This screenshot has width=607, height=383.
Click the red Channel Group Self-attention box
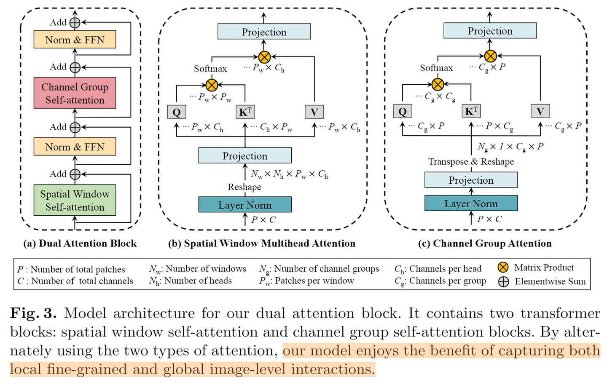pyautogui.click(x=75, y=93)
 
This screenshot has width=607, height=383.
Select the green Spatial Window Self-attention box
pyautogui.click(x=75, y=200)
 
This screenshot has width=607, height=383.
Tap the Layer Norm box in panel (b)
pyautogui.click(x=245, y=205)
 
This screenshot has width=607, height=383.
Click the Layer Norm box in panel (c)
pyautogui.click(x=471, y=204)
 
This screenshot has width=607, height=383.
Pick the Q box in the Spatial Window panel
pyautogui.click(x=177, y=112)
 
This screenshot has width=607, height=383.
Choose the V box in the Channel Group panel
pyautogui.click(x=540, y=111)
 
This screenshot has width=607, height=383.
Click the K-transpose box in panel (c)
pyautogui.click(x=471, y=111)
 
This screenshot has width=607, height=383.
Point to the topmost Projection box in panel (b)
pyautogui.click(x=264, y=32)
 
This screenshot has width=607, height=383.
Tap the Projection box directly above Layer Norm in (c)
pyautogui.click(x=471, y=180)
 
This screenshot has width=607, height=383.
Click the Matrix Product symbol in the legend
pyautogui.click(x=503, y=268)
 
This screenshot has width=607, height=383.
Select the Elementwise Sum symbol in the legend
pyautogui.click(x=503, y=281)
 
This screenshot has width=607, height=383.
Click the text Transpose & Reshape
pyautogui.click(x=471, y=162)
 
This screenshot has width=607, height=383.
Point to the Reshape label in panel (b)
pyautogui.click(x=244, y=187)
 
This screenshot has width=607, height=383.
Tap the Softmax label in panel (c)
pyautogui.click(x=436, y=68)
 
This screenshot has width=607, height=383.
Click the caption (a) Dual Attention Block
pyautogui.click(x=80, y=244)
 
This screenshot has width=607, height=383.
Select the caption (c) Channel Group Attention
pyautogui.click(x=485, y=244)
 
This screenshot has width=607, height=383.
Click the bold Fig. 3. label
pyautogui.click(x=33, y=313)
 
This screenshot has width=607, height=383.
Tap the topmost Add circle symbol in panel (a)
pyautogui.click(x=75, y=23)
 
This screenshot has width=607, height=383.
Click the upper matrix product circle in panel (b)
pyautogui.click(x=264, y=57)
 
